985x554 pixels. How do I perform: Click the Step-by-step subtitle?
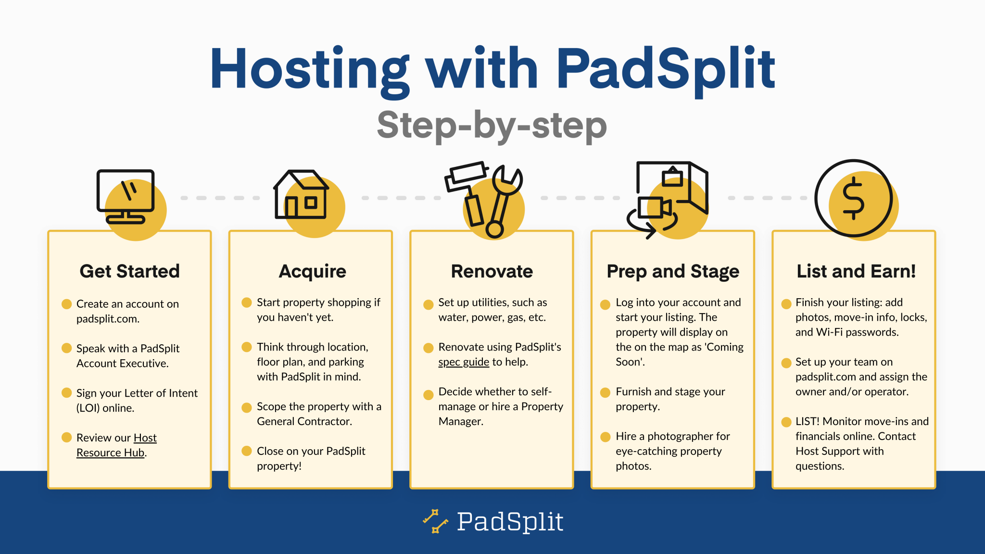(492, 125)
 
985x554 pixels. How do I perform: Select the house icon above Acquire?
(301, 195)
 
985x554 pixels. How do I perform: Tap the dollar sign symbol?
(853, 198)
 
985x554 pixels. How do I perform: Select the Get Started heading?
(129, 271)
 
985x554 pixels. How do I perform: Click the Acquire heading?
(312, 271)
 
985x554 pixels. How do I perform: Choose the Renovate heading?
(492, 271)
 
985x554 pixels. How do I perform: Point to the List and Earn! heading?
(856, 271)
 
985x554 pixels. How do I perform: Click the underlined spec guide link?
(463, 362)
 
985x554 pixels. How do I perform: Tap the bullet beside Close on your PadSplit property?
(247, 451)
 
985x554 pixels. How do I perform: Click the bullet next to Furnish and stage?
(605, 392)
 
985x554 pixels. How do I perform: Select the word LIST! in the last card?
(807, 422)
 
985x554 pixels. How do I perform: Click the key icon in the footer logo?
(435, 521)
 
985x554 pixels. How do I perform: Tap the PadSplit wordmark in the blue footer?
(510, 522)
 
